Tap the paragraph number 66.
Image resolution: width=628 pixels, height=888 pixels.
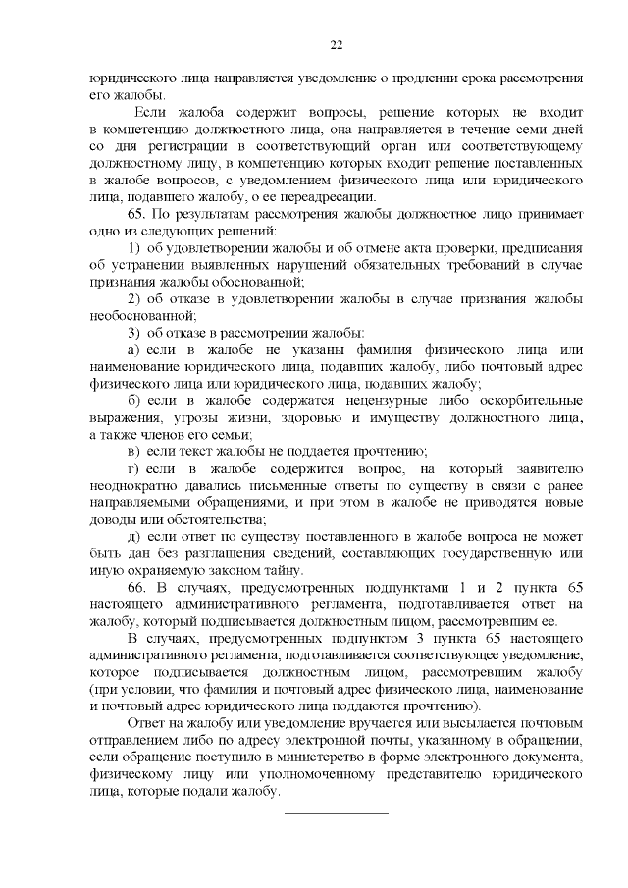click(x=138, y=587)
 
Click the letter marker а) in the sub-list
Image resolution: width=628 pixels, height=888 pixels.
click(x=134, y=349)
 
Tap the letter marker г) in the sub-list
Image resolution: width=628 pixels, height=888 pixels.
click(x=134, y=469)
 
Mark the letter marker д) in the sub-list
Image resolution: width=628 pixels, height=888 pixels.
click(x=134, y=536)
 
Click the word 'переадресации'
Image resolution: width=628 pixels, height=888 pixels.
click(x=330, y=196)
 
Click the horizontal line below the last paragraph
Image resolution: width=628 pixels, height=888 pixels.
click(x=336, y=813)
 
